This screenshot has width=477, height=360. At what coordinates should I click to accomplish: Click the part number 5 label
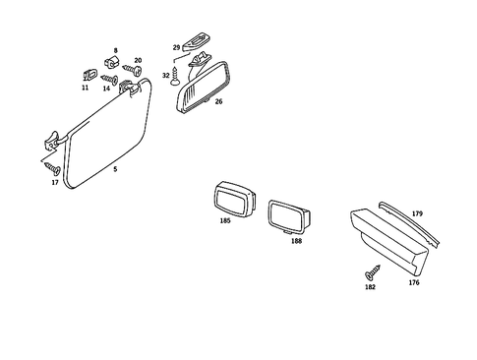[x=115, y=169]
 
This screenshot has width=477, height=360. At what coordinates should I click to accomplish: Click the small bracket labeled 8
[x=112, y=63]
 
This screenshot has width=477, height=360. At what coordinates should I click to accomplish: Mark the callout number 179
[x=416, y=213]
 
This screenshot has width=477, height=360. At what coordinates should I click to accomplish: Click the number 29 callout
[x=176, y=47]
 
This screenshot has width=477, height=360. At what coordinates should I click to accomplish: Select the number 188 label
[x=296, y=240]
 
